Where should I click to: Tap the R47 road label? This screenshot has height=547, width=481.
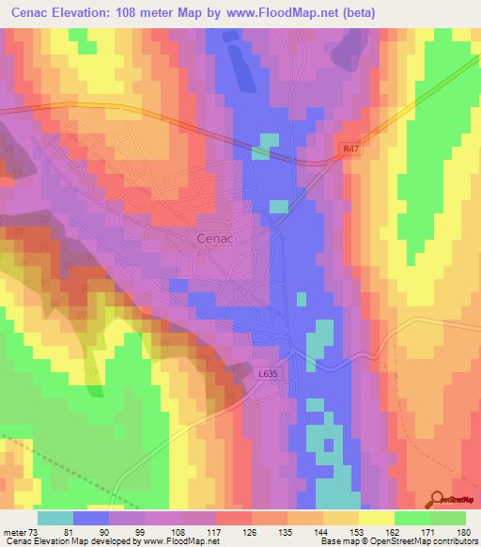(x=349, y=148)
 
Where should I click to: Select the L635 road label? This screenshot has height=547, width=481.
(x=270, y=373)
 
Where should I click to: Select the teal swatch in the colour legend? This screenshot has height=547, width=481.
(x=55, y=518)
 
